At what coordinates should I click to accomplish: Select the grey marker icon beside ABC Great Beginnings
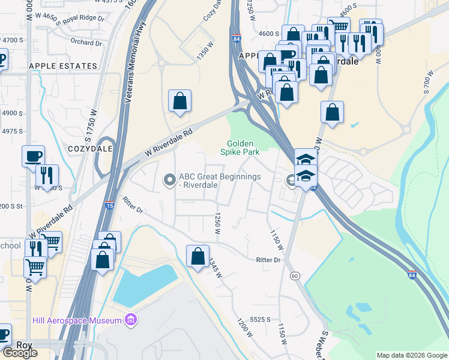(170, 179)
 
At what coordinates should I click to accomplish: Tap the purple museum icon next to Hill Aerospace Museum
(129, 320)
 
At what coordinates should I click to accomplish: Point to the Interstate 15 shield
(110, 205)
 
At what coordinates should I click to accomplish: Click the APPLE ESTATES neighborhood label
(62, 66)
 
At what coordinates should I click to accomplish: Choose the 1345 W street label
(215, 268)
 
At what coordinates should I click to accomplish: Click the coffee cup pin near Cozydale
(33, 157)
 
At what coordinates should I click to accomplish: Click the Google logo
(20, 353)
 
